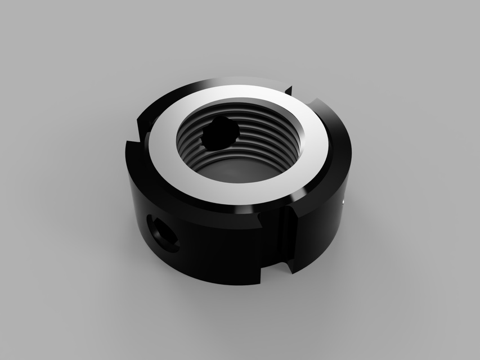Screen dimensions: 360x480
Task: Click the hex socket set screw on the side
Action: (164, 235)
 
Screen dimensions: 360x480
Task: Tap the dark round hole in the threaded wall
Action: (221, 133)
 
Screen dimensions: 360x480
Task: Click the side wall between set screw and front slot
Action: (225, 247)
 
